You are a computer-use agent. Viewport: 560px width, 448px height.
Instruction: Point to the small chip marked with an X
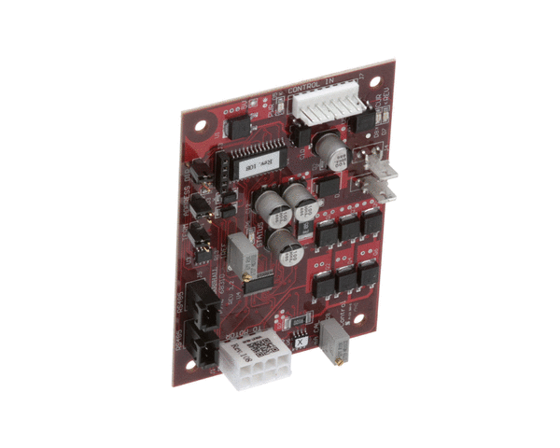point(301,341)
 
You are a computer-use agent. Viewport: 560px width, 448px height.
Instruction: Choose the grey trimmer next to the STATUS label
point(242,251)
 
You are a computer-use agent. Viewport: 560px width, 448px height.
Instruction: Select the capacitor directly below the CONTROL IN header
point(330,149)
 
